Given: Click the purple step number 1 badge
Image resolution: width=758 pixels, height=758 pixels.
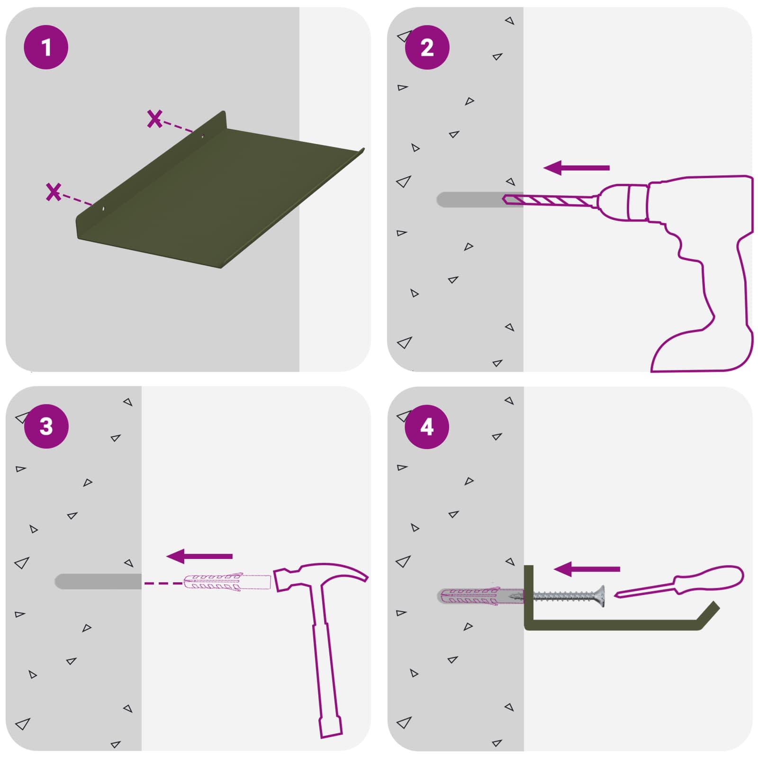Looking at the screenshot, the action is pyautogui.click(x=46, y=47).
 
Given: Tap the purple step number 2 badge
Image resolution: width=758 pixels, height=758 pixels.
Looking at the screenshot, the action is pyautogui.click(x=427, y=47).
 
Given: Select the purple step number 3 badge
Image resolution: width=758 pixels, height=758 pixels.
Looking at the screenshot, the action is pyautogui.click(x=46, y=426).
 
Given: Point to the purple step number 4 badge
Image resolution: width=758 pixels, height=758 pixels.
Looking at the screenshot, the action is pyautogui.click(x=427, y=427).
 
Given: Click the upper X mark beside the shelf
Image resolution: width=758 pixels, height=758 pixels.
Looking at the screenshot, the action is pyautogui.click(x=154, y=118).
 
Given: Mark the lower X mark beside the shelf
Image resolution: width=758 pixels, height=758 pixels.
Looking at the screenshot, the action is pyautogui.click(x=54, y=191).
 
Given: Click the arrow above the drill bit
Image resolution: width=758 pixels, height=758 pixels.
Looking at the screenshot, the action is pyautogui.click(x=576, y=168).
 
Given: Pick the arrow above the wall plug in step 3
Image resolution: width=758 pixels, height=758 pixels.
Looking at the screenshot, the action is pyautogui.click(x=199, y=556).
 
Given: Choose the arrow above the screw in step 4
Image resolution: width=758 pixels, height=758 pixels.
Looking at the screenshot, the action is pyautogui.click(x=587, y=569).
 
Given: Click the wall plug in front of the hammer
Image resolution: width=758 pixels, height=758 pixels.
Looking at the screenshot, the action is pyautogui.click(x=227, y=582).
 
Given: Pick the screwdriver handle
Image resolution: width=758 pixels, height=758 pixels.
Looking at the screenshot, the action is pyautogui.click(x=708, y=579).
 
